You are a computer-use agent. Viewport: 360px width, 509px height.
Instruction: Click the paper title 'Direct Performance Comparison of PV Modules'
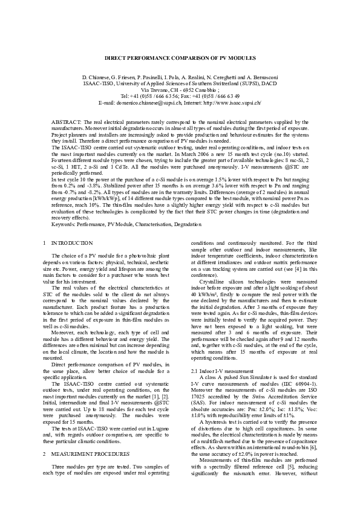[180, 59]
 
